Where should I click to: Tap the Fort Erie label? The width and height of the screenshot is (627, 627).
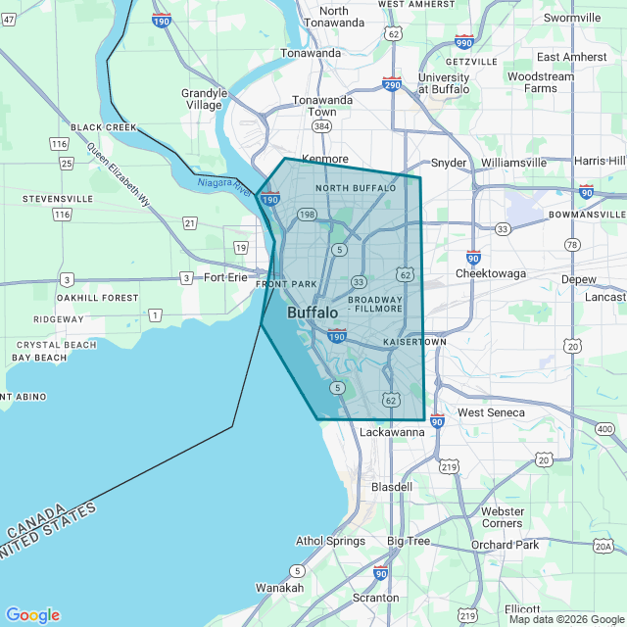[x=226, y=277]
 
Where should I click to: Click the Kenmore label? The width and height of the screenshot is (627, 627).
[x=325, y=158]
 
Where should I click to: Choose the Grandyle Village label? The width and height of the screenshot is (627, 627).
[x=204, y=99]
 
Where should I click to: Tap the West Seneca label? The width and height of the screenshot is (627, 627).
[x=492, y=412]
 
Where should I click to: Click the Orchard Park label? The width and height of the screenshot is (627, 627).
[x=505, y=545]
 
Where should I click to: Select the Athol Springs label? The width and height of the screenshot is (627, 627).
[x=331, y=541]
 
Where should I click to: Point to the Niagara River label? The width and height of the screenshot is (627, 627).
[x=225, y=183]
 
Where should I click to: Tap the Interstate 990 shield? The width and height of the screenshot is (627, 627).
[x=464, y=42]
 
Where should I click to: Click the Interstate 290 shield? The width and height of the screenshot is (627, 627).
[x=392, y=85]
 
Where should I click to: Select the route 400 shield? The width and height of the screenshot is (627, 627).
[x=604, y=429]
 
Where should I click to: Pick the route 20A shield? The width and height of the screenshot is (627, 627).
[x=603, y=546]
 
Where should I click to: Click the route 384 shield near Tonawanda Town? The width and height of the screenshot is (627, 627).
[x=322, y=127]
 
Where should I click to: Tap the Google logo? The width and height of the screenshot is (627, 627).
[x=32, y=614]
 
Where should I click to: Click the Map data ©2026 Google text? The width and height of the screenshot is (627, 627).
[x=565, y=619]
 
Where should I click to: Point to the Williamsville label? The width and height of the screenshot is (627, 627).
[x=513, y=163]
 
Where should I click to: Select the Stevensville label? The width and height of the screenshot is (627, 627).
[x=58, y=199]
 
